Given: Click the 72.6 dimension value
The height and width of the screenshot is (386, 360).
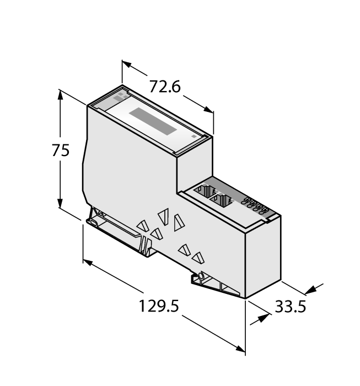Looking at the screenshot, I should pos(165,87).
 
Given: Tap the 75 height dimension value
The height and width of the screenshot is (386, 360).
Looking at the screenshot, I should pos(61,150).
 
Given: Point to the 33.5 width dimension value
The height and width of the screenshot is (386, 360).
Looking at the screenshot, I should pos(290,307).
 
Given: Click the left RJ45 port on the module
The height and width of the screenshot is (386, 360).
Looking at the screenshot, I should pos(203,192).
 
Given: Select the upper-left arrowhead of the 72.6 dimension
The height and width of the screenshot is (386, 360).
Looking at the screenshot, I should pos(126,65).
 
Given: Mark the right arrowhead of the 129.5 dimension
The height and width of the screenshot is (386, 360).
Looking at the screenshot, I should pos(241,348).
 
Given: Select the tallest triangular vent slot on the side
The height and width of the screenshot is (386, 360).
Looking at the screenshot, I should pos(178,222).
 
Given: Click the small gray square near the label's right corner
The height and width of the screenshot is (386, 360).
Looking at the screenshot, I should pos(193,135).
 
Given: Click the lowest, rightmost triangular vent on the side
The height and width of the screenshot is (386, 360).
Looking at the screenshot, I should pos(198,257).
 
